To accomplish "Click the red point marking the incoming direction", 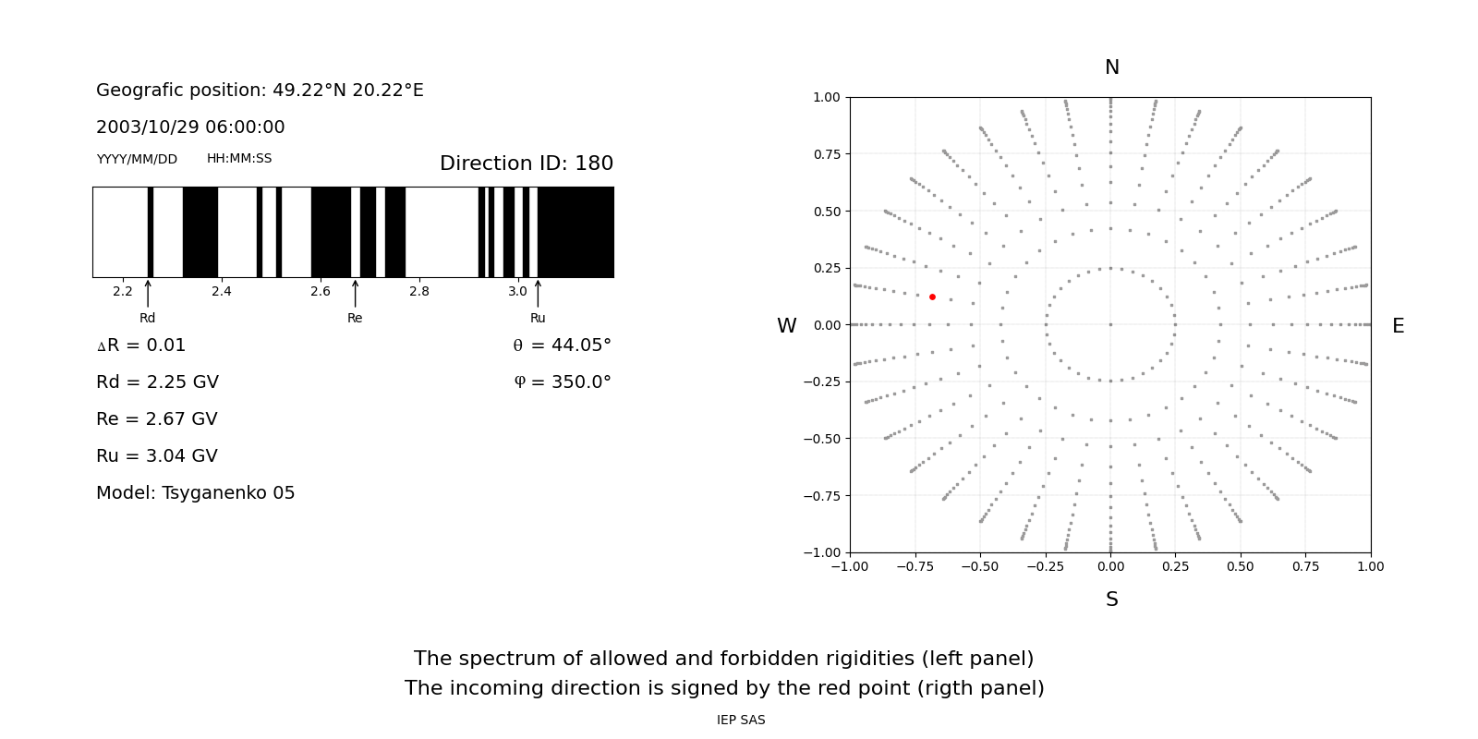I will pyautogui.click(x=932, y=297).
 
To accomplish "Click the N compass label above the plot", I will pyautogui.click(x=1111, y=67).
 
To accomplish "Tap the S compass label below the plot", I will pyautogui.click(x=1111, y=600).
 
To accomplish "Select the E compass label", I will pyautogui.click(x=1398, y=326).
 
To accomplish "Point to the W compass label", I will pyautogui.click(x=786, y=326).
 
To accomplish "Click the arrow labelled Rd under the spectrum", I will pyautogui.click(x=148, y=294).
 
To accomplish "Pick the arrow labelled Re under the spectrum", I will pyautogui.click(x=355, y=294).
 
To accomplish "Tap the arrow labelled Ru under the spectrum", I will pyautogui.click(x=538, y=294).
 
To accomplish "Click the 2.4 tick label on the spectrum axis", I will pyautogui.click(x=221, y=292).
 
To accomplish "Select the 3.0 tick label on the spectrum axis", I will pyautogui.click(x=517, y=292).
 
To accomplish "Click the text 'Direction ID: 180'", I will pyautogui.click(x=526, y=164).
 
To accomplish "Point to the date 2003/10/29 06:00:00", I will pyautogui.click(x=190, y=127).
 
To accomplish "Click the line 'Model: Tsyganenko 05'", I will pyautogui.click(x=196, y=493).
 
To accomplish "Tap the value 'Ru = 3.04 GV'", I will pyautogui.click(x=157, y=456).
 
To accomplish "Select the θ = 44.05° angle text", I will pyautogui.click(x=562, y=345).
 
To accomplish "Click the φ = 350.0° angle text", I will pyautogui.click(x=562, y=382).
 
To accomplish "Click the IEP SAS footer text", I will pyautogui.click(x=741, y=721).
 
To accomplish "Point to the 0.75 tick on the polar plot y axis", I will pyautogui.click(x=827, y=154).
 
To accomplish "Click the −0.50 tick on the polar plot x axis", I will pyautogui.click(x=980, y=566).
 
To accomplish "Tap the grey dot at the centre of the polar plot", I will pyautogui.click(x=1110, y=324).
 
